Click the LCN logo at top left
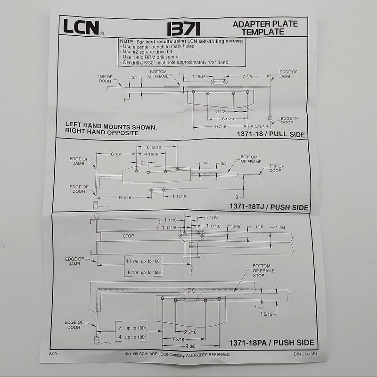point(81,27)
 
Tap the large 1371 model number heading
point(183,28)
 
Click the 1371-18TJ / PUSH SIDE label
point(269,207)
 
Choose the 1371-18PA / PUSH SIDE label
point(271,343)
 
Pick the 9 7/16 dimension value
point(222,126)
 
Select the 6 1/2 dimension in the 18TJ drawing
point(116,154)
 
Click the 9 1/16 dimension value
point(124,197)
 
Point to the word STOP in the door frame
point(128,235)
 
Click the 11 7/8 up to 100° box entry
point(144,261)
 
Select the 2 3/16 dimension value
point(190,332)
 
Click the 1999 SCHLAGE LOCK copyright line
point(178,354)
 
